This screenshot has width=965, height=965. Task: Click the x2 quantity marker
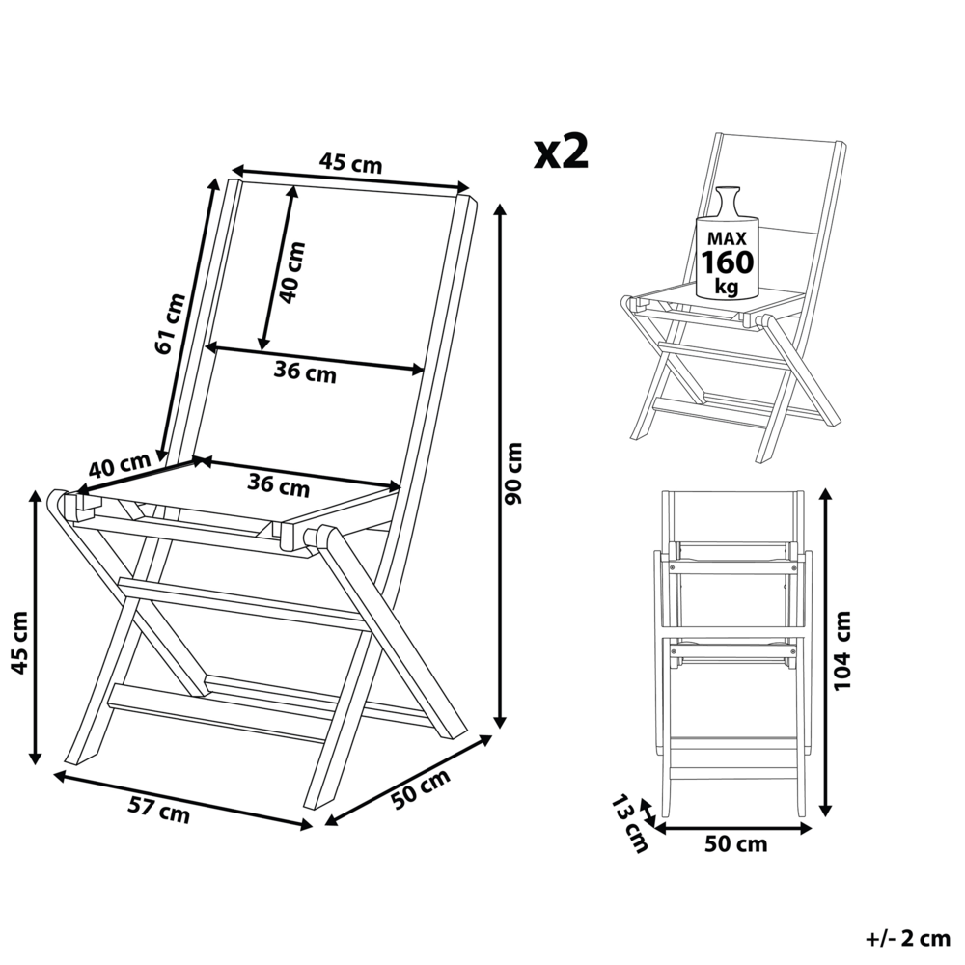coord(562,152)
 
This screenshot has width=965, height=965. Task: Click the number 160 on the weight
coord(729,262)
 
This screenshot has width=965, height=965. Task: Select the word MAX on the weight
coord(729,237)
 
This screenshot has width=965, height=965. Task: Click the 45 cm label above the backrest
coord(351,164)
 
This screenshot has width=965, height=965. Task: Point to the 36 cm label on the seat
coord(279,485)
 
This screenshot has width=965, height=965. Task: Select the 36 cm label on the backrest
coord(306,372)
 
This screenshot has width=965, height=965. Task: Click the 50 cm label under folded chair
coord(735,845)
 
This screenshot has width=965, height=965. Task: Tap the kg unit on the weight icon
coord(729,287)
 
